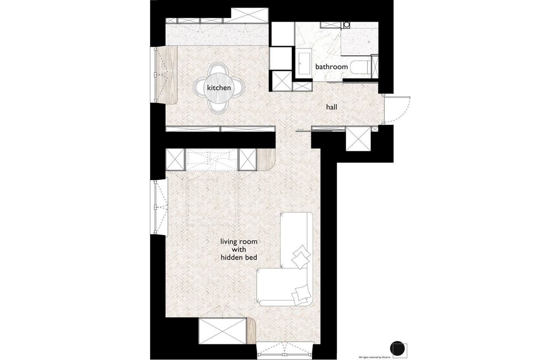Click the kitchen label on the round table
pyautogui.click(x=219, y=88)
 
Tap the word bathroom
pyautogui.click(x=331, y=67)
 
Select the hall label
pyautogui.click(x=331, y=107)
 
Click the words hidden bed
pyautogui.click(x=239, y=257)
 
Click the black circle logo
pyautogui.click(x=397, y=348)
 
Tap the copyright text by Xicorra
pyautogui.click(x=374, y=357)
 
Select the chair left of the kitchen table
pyautogui.click(x=199, y=88)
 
